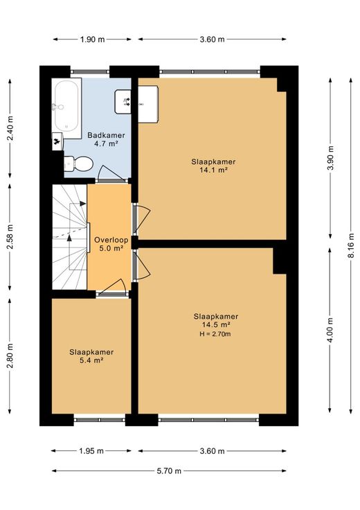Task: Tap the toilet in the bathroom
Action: pos(78,164)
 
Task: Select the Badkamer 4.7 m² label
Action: pos(106,139)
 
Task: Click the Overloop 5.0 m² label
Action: pos(111,244)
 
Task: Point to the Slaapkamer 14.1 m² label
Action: pos(213,166)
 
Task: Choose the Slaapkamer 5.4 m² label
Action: pos(91,356)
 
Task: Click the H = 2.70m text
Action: pos(215,334)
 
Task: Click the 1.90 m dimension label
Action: pos(93,39)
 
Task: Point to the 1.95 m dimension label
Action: pos(91,451)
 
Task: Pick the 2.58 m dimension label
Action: pos(10,237)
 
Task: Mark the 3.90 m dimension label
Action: pos(330,158)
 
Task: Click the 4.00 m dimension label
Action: pos(330,330)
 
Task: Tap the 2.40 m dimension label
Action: pos(10,128)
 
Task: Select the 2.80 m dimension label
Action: pos(10,355)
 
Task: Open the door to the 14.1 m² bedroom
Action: pos(143,218)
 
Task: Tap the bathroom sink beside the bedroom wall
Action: pos(123,102)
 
